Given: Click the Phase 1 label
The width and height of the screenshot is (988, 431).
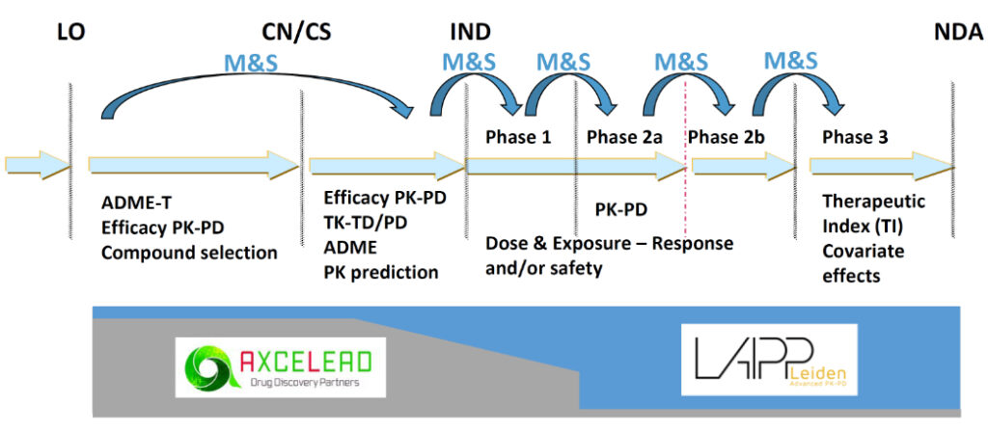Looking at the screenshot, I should pos(518,137).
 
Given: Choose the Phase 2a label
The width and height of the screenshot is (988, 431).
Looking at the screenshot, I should pos(624,137).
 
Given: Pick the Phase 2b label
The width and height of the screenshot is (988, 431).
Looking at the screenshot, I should pos(727,137).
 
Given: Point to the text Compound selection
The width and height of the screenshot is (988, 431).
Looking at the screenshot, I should pos(189,253).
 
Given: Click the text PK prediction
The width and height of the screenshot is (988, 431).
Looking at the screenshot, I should pos(380,272).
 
